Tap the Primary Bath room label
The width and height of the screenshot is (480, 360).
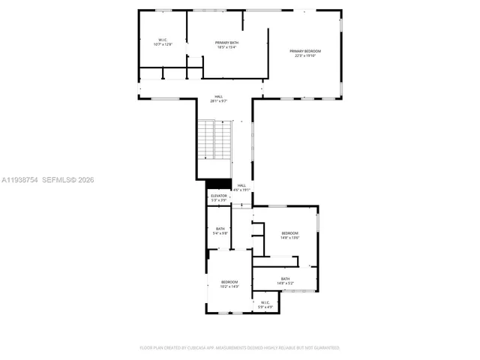(x=226, y=43)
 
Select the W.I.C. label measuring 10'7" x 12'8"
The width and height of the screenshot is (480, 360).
(x=163, y=40)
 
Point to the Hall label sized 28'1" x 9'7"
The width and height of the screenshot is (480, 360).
(x=218, y=97)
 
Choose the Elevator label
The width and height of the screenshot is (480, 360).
(x=218, y=196)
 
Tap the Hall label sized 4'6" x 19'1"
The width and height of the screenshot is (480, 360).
(x=241, y=185)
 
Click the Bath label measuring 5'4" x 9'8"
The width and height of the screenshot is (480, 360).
(x=220, y=229)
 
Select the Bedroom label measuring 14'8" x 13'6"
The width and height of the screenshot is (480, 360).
(x=290, y=234)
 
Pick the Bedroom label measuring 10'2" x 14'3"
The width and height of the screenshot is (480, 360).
(x=229, y=282)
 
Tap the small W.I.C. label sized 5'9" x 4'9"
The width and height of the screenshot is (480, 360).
(x=265, y=303)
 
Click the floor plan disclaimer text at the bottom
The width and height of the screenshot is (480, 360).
(x=240, y=348)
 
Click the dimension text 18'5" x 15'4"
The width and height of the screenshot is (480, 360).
(x=226, y=47)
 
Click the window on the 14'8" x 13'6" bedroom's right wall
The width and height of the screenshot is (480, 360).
(x=318, y=223)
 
